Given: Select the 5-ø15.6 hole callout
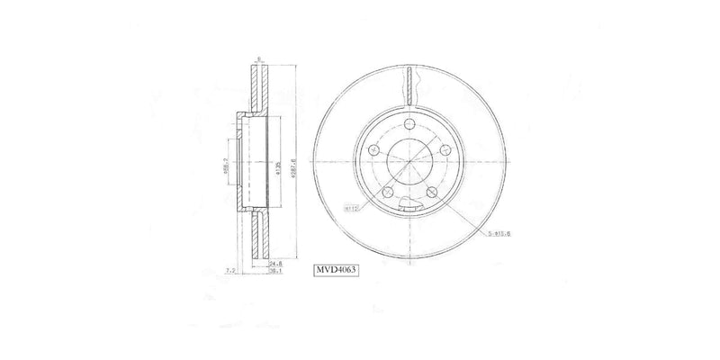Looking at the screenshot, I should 499,237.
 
